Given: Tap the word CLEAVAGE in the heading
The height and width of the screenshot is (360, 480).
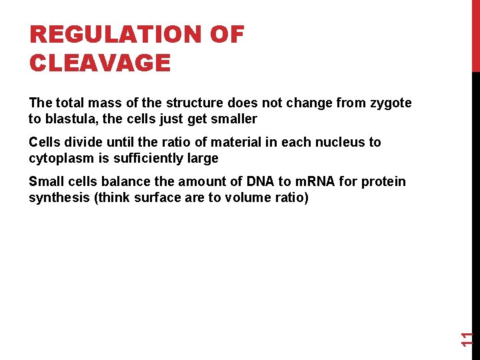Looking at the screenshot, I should (100, 63).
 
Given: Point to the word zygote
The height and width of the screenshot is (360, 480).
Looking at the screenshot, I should (391, 103).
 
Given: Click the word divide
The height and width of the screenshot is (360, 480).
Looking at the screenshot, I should (83, 142).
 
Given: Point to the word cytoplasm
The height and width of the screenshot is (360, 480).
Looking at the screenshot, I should (60, 158).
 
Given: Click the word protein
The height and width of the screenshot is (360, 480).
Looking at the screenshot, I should (383, 181).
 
